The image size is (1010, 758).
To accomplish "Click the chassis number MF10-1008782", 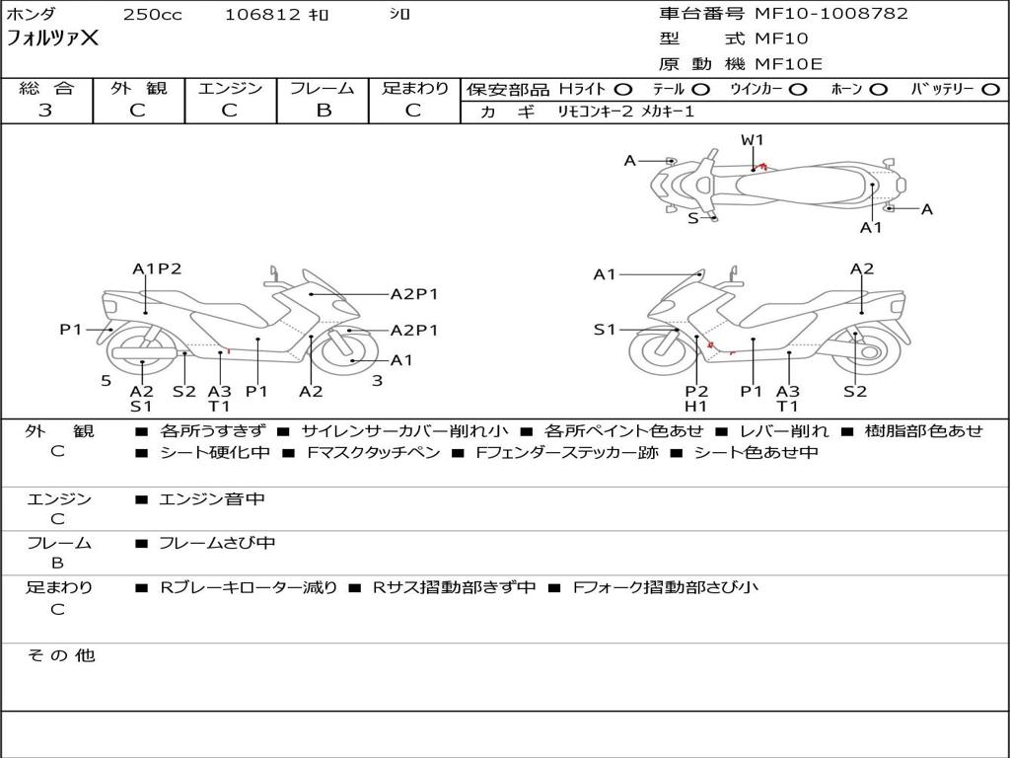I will click(x=830, y=14).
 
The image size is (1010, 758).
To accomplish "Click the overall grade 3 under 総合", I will click(x=45, y=111).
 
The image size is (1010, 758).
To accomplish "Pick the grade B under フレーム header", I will click(x=323, y=111).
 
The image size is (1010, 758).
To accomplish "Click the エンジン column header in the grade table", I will click(x=230, y=89).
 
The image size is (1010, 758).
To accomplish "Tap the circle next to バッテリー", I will click(x=991, y=89).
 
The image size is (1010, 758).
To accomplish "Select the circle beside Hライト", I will click(x=623, y=89).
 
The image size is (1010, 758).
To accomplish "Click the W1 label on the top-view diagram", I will click(x=753, y=140).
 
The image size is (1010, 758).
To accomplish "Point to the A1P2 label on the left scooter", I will click(x=158, y=268).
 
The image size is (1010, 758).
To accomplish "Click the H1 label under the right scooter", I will click(x=696, y=406).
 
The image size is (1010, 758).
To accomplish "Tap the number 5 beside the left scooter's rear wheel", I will click(x=106, y=380).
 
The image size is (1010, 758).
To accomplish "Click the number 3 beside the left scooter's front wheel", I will click(x=377, y=380).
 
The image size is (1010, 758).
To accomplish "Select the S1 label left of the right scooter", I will click(x=605, y=330).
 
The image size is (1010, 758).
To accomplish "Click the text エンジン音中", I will click(x=212, y=499).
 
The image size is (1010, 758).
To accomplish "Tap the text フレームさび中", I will click(x=217, y=543).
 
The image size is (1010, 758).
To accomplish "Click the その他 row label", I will click(x=61, y=655).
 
